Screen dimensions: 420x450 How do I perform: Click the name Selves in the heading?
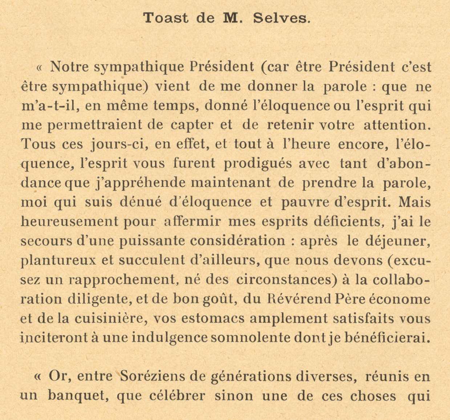(282, 18)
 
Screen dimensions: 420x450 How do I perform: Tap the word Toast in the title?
(166, 18)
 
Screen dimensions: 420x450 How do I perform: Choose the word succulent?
(152, 260)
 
